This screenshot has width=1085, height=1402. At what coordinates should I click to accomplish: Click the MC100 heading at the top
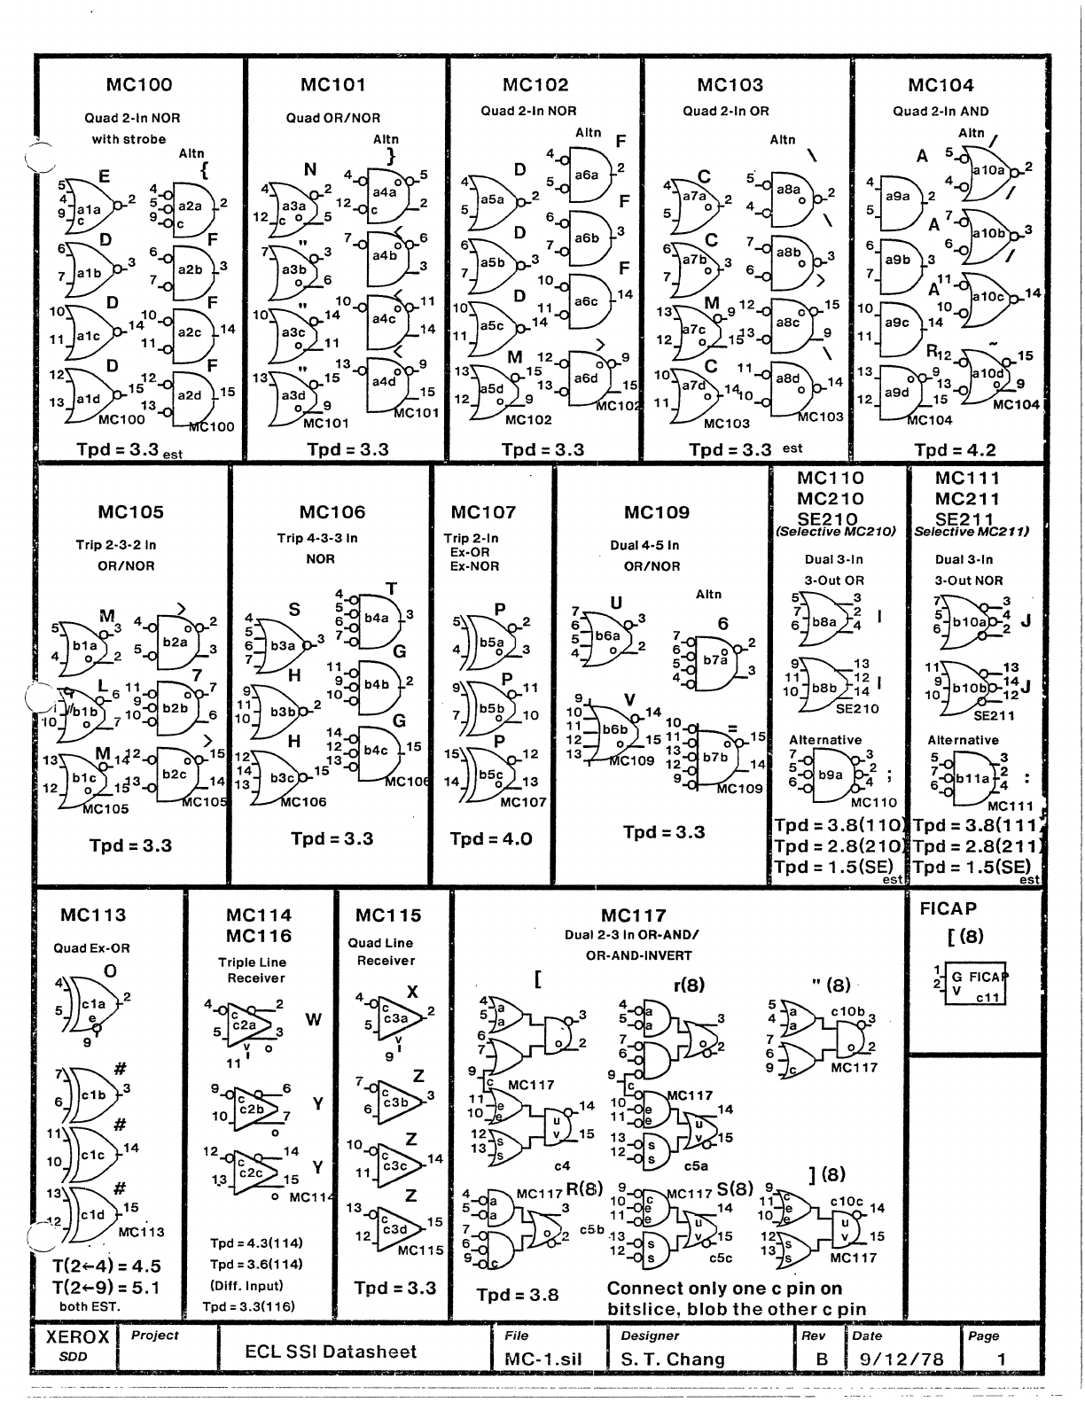coord(138,85)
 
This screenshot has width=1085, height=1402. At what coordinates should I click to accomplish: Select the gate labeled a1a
coord(90,209)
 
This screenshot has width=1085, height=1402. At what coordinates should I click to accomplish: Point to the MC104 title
coord(940,85)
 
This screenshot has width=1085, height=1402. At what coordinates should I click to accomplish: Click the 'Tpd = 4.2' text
coord(942,449)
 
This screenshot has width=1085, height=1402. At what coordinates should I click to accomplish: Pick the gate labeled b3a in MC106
coord(282,646)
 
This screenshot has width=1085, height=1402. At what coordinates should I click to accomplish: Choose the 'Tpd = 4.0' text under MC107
coord(490,838)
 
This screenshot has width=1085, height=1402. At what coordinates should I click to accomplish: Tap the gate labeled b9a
coord(831,774)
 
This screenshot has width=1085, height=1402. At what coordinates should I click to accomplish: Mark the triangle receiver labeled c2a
coord(244,1024)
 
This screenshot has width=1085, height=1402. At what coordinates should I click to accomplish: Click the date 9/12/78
coord(900,1359)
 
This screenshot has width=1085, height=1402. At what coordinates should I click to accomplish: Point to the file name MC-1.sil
coord(541,1359)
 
